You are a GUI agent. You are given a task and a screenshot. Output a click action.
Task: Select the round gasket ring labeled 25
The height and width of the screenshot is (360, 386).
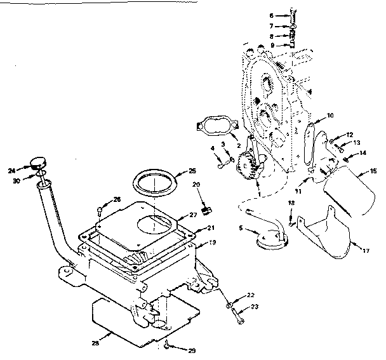(x=155, y=183)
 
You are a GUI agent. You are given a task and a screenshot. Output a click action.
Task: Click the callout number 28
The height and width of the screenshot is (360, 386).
(x=96, y=343)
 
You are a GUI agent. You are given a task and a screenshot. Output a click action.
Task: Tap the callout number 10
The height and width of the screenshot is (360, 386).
(x=330, y=116)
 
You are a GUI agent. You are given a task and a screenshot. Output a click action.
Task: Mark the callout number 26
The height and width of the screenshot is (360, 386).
(x=116, y=199)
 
